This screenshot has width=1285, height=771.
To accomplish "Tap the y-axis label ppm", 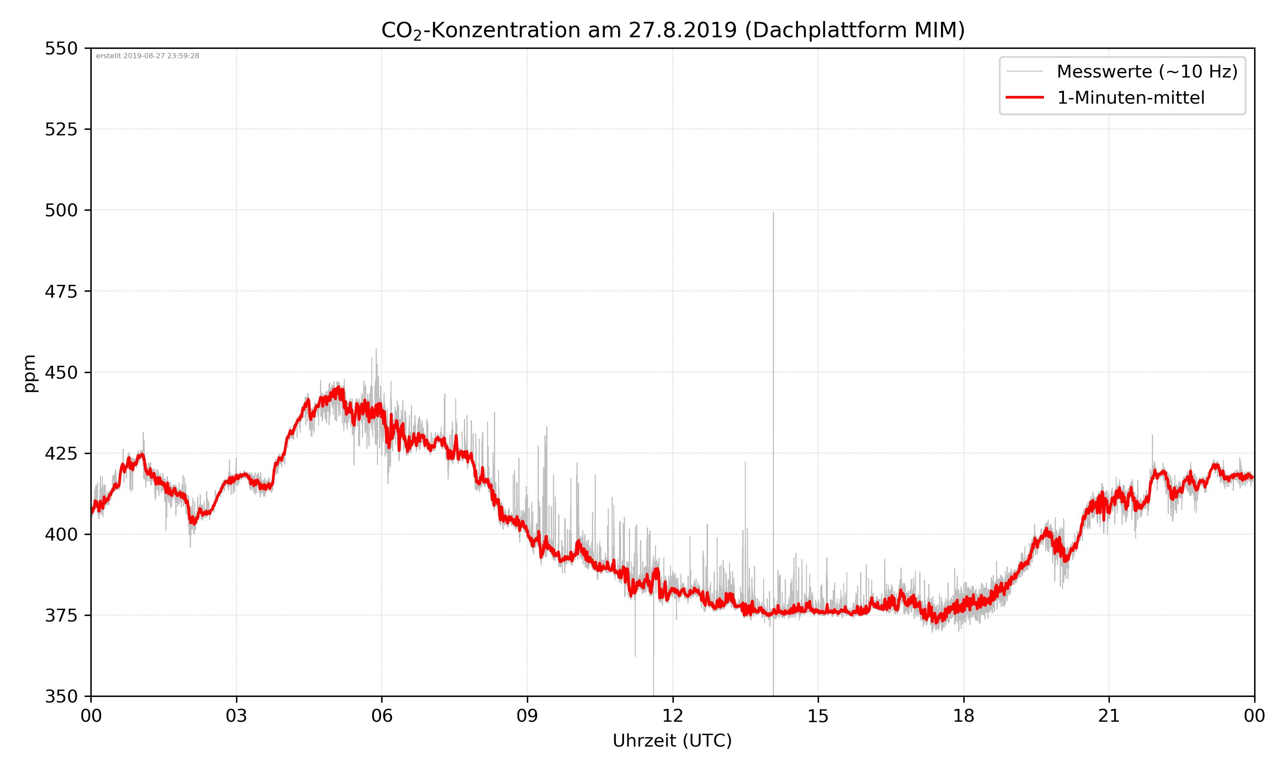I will point(30,373).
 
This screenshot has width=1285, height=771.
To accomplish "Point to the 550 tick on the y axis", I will point(61,48).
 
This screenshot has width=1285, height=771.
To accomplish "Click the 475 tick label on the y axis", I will point(61,291).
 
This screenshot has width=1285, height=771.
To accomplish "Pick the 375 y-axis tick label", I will point(61,616).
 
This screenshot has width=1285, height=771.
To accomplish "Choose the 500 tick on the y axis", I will point(61,210).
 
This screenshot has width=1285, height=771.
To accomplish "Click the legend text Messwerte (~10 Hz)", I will point(1147,72).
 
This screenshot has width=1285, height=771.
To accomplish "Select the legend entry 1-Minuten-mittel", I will point(1130,98).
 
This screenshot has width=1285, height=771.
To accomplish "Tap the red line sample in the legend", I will point(1024,97).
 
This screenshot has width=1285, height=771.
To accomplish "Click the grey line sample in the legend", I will point(1024,71).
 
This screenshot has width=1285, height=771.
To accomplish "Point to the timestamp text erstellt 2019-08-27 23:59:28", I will point(147,56).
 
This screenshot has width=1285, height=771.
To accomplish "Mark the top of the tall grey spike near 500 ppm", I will point(773,213).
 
